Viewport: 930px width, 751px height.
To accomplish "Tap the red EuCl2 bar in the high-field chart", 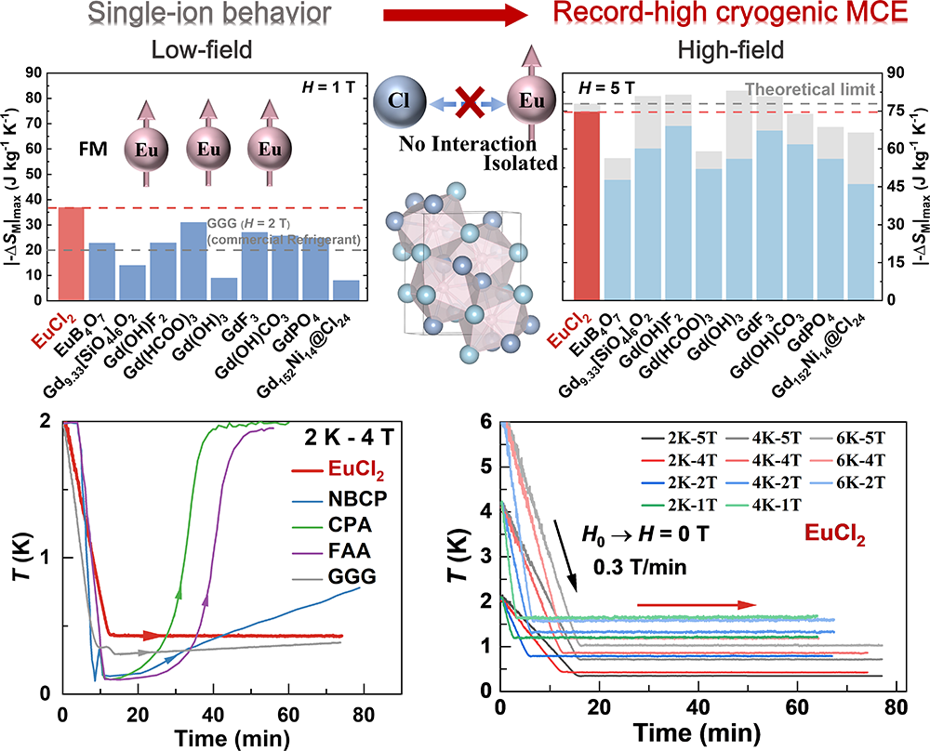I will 586,204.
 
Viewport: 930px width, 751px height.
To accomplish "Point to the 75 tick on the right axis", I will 899,111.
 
